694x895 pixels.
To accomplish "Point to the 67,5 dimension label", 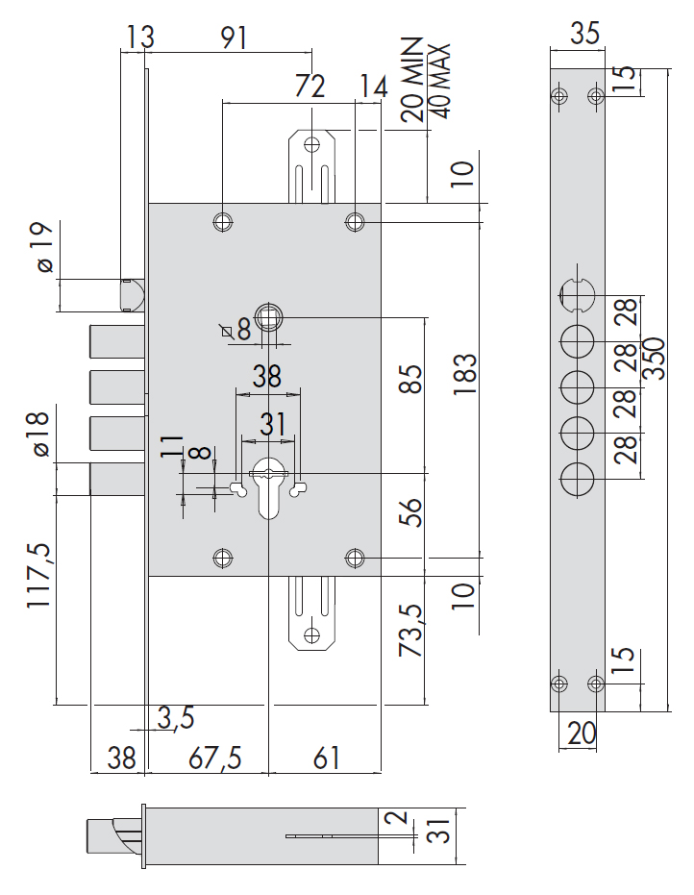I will coord(214,758).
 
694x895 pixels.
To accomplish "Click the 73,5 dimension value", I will coord(410,631).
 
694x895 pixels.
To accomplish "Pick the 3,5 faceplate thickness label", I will coord(176,717).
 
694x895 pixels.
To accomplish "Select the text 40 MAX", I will coord(441,80).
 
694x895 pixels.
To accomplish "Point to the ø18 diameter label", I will coord(38,435).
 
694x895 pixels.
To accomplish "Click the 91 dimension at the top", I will coord(234,37).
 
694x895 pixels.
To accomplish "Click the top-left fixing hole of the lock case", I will coord(223,221).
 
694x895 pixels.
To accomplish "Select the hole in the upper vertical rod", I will coord(310,145).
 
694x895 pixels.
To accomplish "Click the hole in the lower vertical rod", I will coord(310,634).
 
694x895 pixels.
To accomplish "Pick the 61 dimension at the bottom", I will coord(327,758).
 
